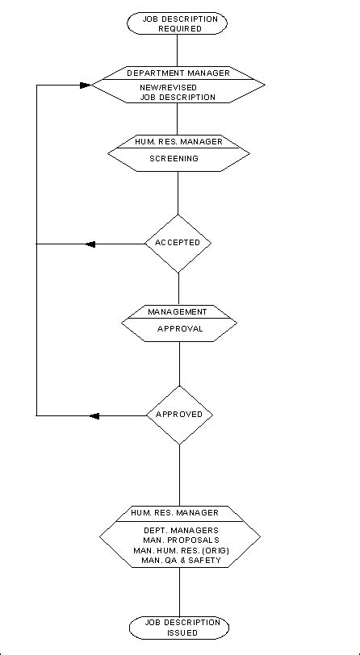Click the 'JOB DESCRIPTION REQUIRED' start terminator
178,23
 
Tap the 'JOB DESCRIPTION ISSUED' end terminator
178,627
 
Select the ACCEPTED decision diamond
178,242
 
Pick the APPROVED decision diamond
178,415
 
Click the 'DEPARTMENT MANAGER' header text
178,73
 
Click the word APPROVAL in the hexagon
178,329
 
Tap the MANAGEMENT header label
178,311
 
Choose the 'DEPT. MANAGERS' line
179,529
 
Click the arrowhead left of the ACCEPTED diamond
90,244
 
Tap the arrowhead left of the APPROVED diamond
94,415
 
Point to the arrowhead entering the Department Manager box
86,83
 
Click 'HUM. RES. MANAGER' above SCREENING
178,141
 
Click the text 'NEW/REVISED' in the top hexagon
178,87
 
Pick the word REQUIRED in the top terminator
178,28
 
